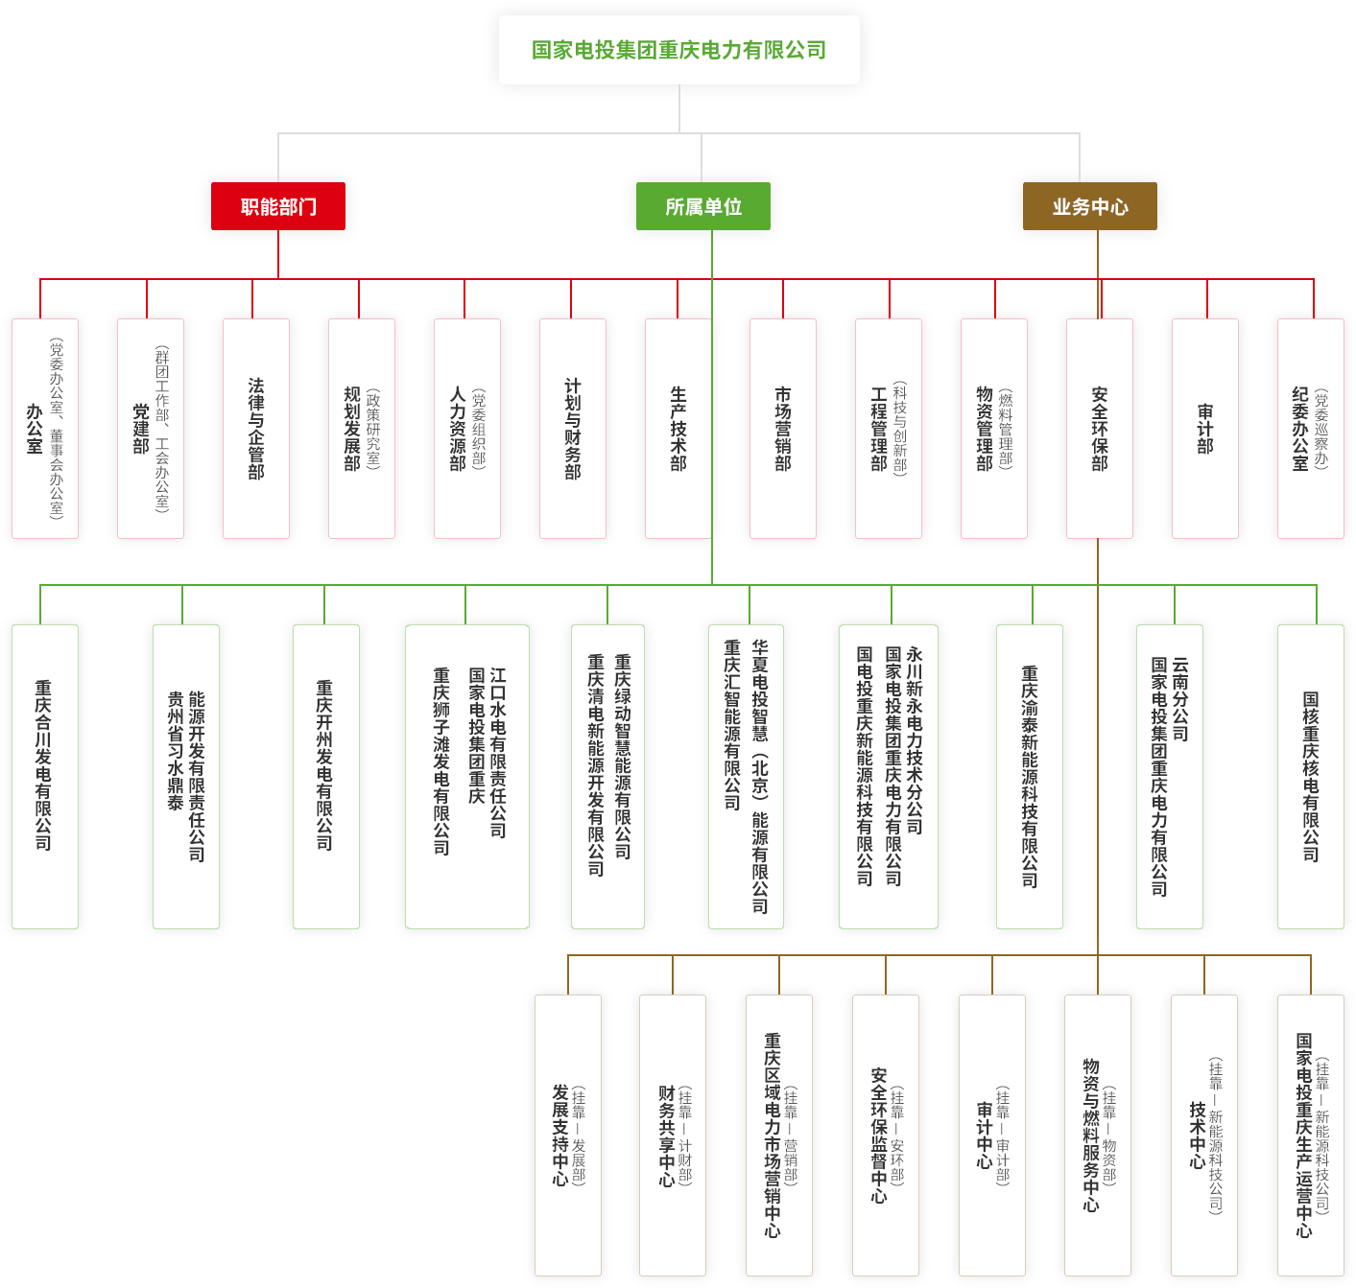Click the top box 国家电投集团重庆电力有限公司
coord(678,50)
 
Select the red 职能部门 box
coord(278,206)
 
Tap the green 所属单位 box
coord(702,206)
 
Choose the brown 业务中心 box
coord(1089,206)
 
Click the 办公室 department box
coord(45,428)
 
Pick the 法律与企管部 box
coord(256,428)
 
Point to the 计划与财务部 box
coord(573,428)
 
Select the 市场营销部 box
coord(783,428)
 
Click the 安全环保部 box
coord(1100,428)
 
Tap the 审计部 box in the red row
coord(1205,428)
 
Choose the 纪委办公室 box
coord(1310,428)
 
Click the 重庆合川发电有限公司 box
coord(44,777)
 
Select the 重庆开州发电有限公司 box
coord(325,777)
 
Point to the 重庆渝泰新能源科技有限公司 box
coord(1030,777)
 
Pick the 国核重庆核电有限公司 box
coord(1311,777)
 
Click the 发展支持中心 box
coord(568,1136)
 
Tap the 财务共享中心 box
coord(674,1136)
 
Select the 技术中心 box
coord(1205,1136)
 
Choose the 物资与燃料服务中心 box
coord(1099,1136)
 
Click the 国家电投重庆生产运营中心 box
coord(1311,1136)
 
